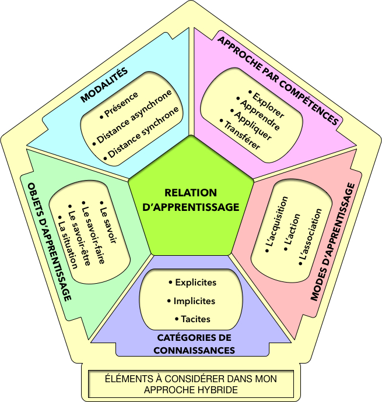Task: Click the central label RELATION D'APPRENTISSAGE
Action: point(191,199)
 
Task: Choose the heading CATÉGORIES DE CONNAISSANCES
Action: point(194,344)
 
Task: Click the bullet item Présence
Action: point(120,104)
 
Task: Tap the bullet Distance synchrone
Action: point(143,135)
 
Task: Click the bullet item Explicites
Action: point(192,283)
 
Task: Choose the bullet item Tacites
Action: point(192,319)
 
